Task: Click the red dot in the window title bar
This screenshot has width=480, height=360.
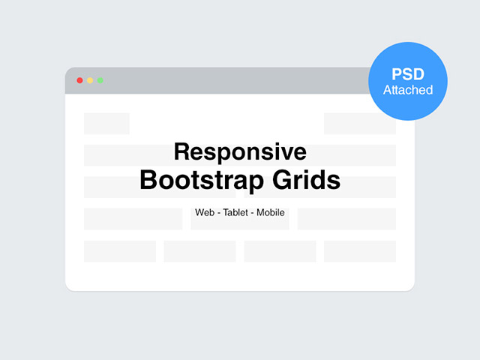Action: (x=79, y=80)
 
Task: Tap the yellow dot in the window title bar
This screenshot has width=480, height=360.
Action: (x=90, y=80)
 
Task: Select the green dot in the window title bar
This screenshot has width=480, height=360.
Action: (x=100, y=80)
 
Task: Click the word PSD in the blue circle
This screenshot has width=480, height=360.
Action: (x=408, y=75)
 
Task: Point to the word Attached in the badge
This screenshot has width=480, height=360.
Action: (x=408, y=90)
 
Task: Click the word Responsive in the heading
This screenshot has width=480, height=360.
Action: (x=240, y=152)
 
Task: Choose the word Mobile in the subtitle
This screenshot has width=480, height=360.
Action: (x=271, y=213)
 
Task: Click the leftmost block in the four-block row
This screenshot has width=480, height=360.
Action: (x=120, y=251)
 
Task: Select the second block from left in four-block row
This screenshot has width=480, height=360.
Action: (x=199, y=251)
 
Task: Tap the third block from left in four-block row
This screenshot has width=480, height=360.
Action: (x=280, y=251)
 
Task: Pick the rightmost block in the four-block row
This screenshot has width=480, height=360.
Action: (x=360, y=251)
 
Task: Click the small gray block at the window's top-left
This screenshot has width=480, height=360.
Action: (x=106, y=124)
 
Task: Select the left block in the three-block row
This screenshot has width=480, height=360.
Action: (x=133, y=219)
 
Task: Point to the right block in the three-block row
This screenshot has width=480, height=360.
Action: (x=346, y=219)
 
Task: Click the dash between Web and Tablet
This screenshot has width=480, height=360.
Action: (x=218, y=213)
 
